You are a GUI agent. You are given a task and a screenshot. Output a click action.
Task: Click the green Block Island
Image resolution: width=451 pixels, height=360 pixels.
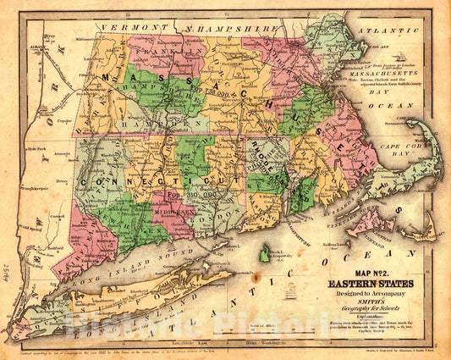pos(264,253)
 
